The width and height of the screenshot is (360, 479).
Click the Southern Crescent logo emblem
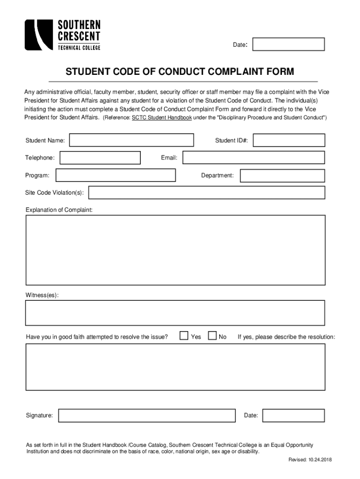[x=38, y=35]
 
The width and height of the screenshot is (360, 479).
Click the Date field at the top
[x=288, y=44]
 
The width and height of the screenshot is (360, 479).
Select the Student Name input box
[x=131, y=140]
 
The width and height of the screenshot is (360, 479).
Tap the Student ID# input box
[x=289, y=140]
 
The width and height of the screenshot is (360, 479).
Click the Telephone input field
[x=100, y=158]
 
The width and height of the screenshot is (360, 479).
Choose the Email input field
[x=253, y=158]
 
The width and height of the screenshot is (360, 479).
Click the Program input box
[x=115, y=175]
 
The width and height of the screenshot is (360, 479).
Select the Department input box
[x=282, y=175]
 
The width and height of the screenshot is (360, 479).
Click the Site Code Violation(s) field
[x=206, y=193]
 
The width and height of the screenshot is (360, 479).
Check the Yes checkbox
[x=184, y=336]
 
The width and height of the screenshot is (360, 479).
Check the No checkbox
[x=212, y=336]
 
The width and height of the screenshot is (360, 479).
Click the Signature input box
[x=147, y=415]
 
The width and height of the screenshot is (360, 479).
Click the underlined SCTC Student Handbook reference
[x=162, y=117]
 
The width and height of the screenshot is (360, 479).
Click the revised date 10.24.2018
[x=319, y=460]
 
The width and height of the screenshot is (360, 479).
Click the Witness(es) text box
[x=175, y=312]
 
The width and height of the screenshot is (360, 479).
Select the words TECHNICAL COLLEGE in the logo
[x=79, y=47]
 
